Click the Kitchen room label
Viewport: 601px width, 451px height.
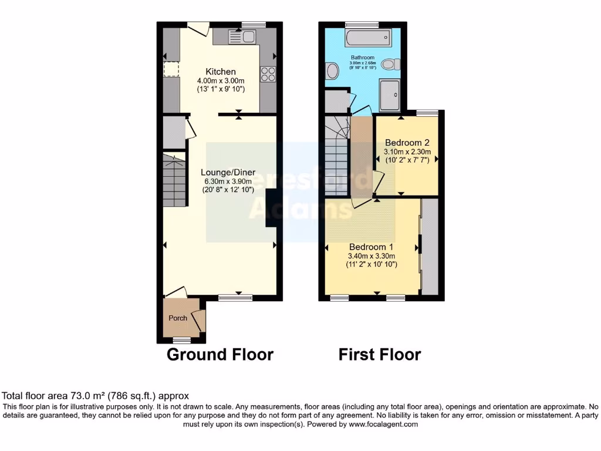(220, 72)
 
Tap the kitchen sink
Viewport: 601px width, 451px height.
(241, 37)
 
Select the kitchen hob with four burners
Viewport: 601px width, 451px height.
(268, 74)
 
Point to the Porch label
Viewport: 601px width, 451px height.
(178, 318)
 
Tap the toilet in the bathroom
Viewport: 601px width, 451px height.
(390, 64)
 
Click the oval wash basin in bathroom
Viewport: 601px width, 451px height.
(332, 72)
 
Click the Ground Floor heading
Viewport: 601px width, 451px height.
(220, 355)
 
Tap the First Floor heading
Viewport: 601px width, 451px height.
(379, 355)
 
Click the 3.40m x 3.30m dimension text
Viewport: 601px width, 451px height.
(372, 256)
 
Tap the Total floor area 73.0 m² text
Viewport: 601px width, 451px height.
(96, 396)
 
